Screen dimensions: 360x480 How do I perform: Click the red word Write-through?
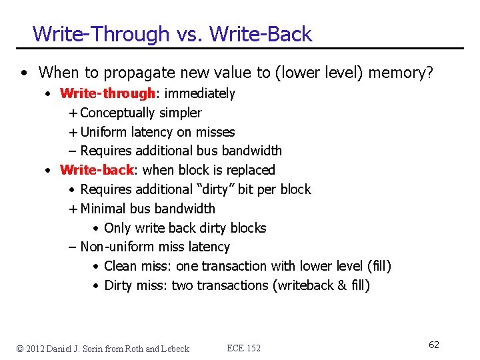[107, 93]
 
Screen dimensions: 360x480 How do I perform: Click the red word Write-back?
[97, 170]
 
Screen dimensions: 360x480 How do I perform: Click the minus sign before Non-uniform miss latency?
[73, 247]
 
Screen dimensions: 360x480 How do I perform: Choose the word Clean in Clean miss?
[120, 266]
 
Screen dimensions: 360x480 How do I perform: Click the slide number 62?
[433, 345]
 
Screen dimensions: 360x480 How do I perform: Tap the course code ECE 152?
[243, 348]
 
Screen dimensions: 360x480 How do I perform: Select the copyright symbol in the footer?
[20, 348]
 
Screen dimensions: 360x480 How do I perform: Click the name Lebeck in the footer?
[175, 348]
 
